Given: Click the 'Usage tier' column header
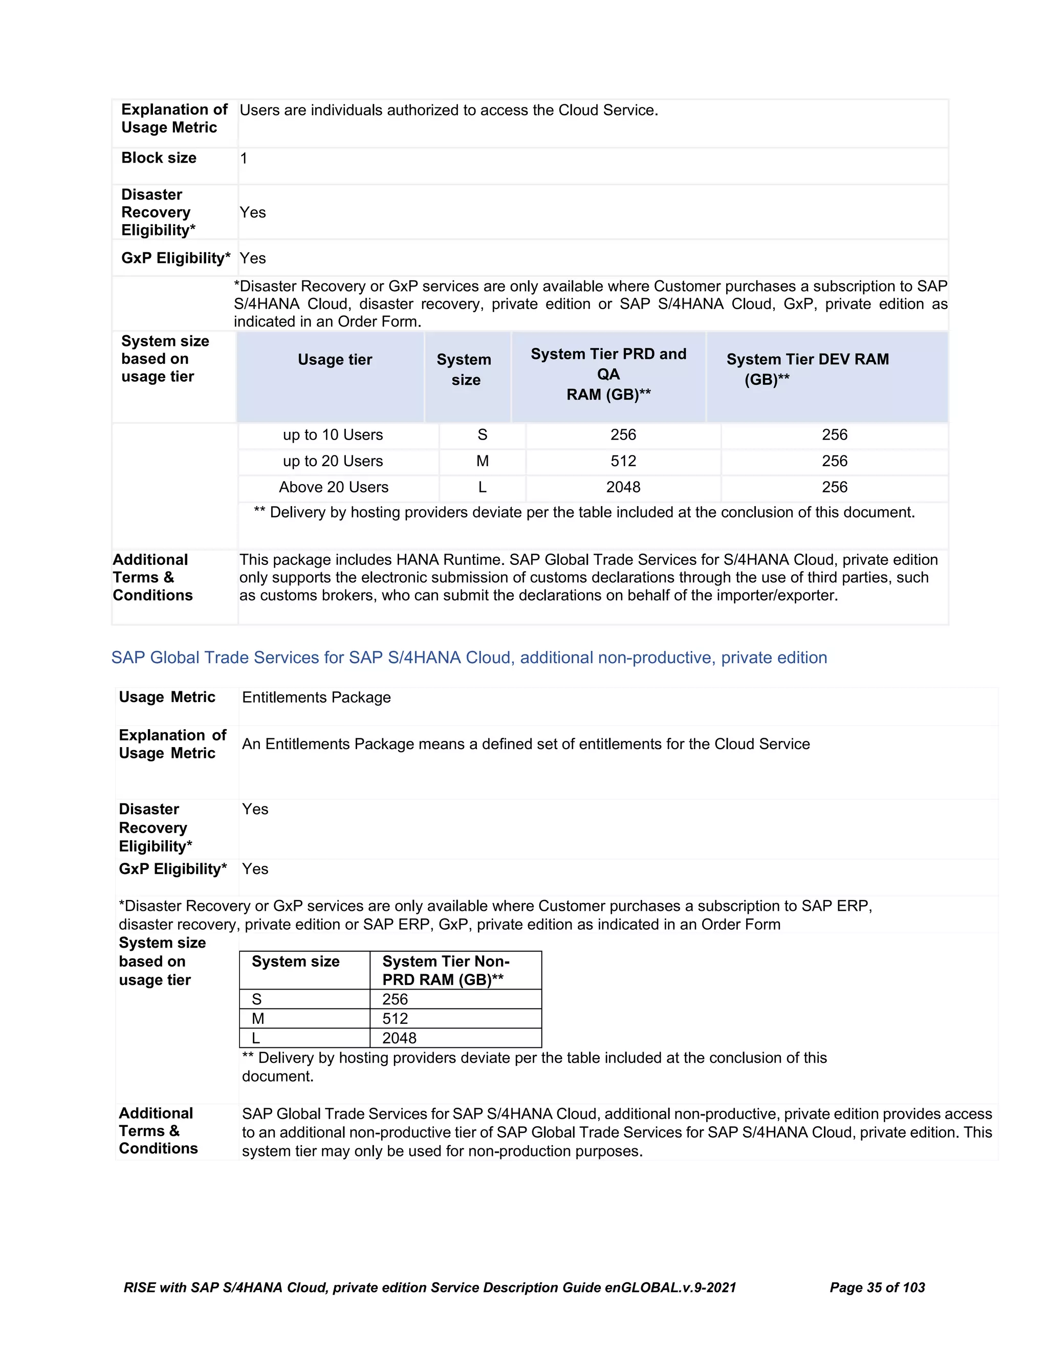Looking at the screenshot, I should coord(335,360).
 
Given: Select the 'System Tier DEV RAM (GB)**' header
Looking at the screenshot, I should coord(807,369).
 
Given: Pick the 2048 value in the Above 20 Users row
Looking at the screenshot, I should coord(623,487).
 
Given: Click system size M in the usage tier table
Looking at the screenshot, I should coord(483,462).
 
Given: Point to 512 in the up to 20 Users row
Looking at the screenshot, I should coord(623,462).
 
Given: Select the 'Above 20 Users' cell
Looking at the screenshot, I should coord(334,487).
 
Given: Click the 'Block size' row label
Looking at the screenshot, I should coord(159,158).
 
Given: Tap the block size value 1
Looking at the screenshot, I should coord(244,158).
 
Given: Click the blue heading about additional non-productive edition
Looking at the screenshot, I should coord(469,658).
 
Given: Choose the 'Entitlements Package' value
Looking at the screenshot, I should coord(316,697).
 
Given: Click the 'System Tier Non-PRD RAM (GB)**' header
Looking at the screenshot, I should coord(445,970).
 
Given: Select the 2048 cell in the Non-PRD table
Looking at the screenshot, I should coord(399,1038).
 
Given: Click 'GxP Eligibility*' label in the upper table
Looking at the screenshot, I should coord(176,258).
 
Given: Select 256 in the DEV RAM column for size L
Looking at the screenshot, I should coord(835,487).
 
